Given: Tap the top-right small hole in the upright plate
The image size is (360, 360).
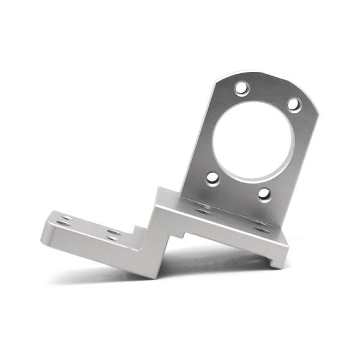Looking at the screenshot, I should (293, 104).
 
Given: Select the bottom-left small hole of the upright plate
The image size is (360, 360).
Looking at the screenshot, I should (212, 178).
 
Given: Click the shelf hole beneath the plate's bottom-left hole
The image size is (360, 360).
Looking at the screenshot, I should (202, 208).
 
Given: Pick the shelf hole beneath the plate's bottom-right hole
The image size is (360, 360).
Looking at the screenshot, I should (259, 226).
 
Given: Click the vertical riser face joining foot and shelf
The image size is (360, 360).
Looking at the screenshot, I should (157, 246).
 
